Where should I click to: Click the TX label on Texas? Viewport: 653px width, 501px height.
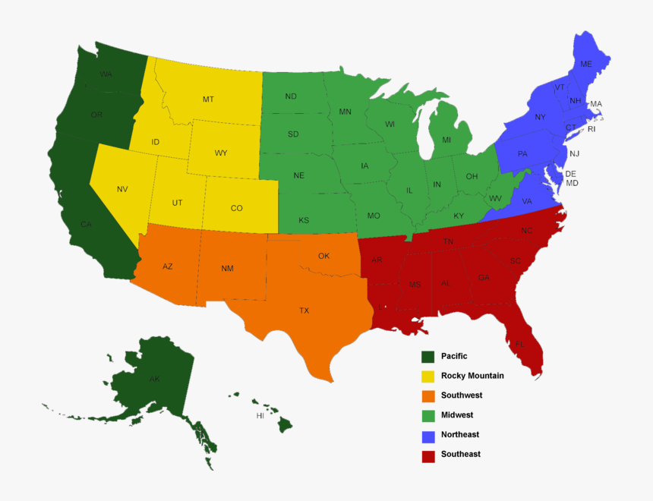coord(304,310)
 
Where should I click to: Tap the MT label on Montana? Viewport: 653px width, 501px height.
coord(208,99)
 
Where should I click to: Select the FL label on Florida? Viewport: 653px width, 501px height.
coord(519,344)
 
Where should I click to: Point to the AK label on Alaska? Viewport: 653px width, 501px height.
coord(154,379)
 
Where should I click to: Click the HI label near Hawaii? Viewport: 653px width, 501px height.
coord(260,416)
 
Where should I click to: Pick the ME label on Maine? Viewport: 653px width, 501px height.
coord(585,65)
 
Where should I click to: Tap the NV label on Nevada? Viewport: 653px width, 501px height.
coord(122,189)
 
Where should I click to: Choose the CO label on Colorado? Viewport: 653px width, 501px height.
coord(236,208)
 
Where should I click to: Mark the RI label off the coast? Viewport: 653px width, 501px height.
coord(592,129)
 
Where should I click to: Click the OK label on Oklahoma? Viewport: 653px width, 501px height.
coord(323,256)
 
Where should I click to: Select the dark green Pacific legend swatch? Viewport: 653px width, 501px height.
coord(428,357)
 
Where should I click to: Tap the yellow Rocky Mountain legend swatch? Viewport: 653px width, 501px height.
coord(428,376)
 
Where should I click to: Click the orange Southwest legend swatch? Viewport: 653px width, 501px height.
coord(428,395)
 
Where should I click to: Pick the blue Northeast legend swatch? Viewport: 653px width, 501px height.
coord(428,435)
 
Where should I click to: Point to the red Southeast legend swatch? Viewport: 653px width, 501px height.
coord(428,455)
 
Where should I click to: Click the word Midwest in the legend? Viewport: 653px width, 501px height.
coord(457,415)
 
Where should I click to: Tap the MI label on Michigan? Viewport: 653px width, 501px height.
coord(446,140)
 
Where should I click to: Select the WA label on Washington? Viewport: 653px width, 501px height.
coord(106,74)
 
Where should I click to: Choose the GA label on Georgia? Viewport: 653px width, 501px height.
coord(484,278)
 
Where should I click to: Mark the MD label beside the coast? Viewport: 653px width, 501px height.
coord(572,184)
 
